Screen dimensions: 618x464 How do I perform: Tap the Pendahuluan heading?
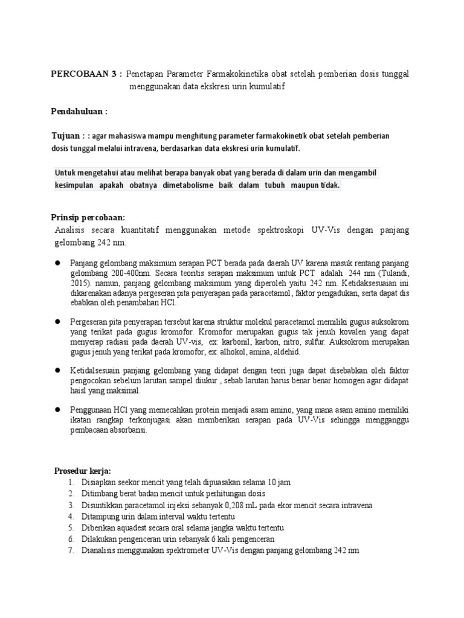point(78,111)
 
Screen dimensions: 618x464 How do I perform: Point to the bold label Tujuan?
point(65,136)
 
